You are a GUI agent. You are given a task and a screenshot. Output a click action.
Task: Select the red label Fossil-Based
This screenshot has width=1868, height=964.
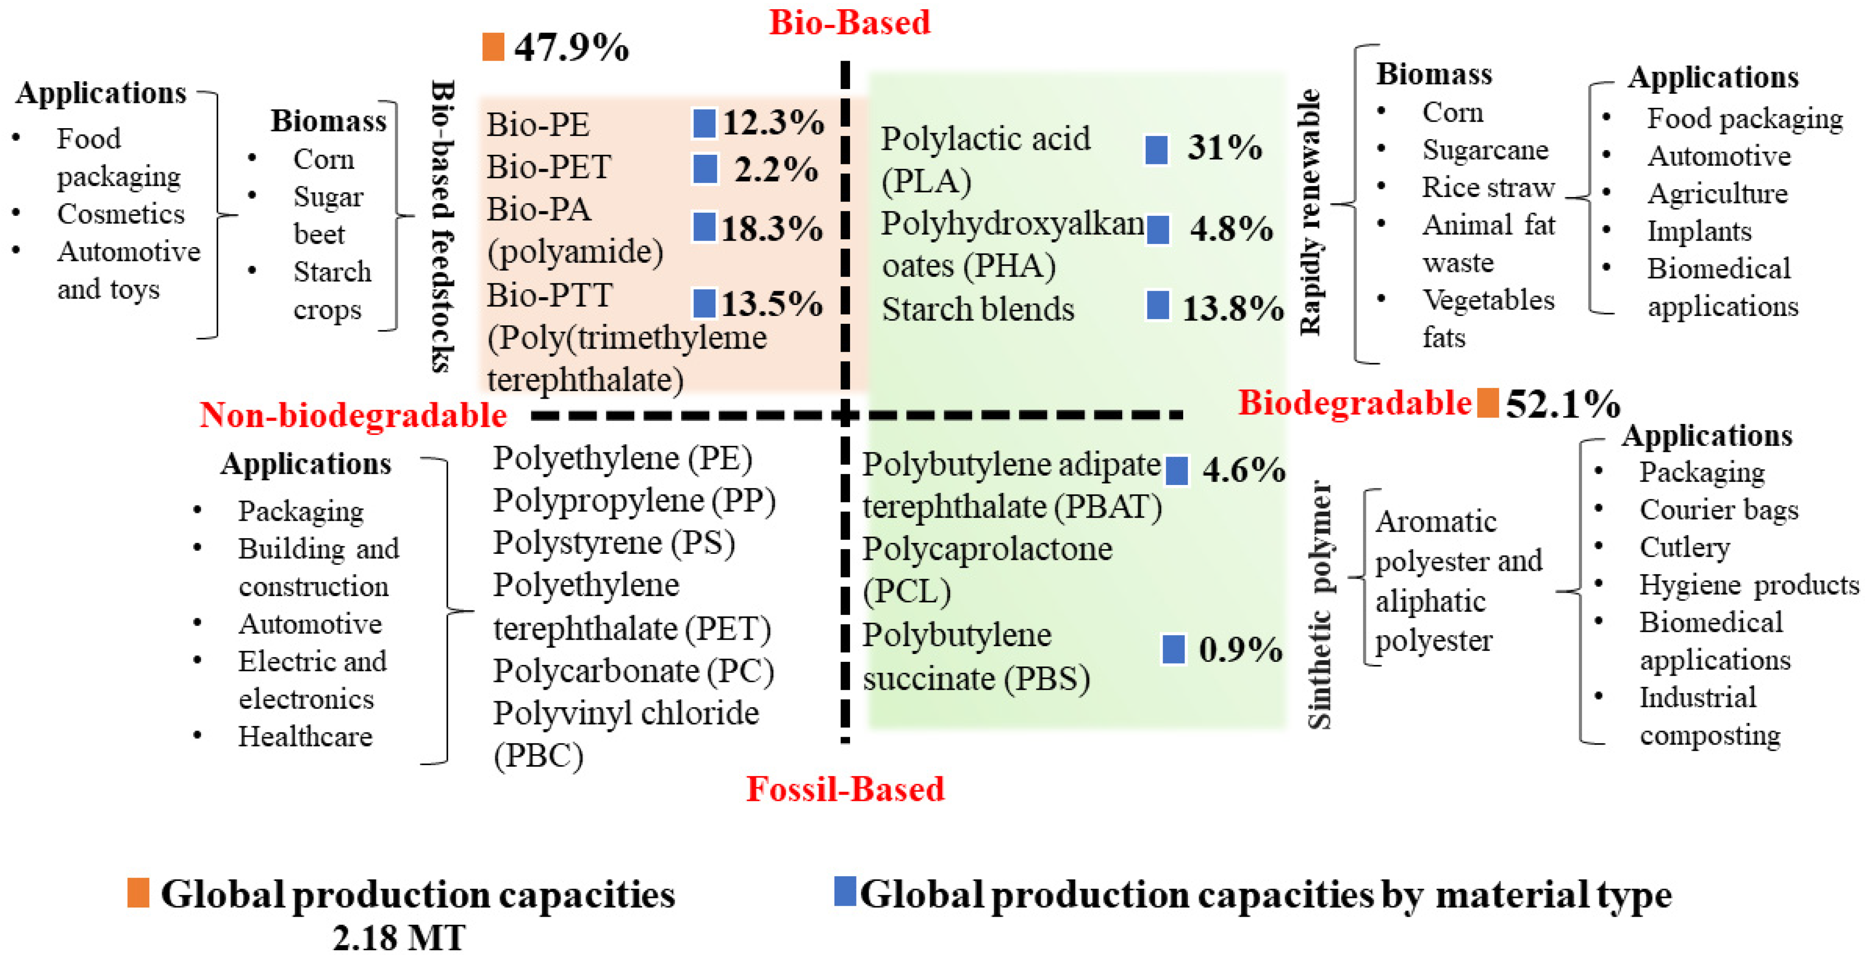pyautogui.click(x=845, y=789)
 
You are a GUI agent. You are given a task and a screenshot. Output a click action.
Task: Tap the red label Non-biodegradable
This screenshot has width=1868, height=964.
pyautogui.click(x=353, y=416)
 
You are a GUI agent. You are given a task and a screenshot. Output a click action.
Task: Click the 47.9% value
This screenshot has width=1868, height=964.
pyautogui.click(x=571, y=48)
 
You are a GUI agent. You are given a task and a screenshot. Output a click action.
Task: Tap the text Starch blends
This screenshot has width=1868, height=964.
pyautogui.click(x=978, y=310)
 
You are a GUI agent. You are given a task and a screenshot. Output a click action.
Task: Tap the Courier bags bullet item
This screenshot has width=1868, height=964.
pyautogui.click(x=1719, y=510)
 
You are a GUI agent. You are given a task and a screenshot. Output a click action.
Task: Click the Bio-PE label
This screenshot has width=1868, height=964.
pyautogui.click(x=537, y=125)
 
